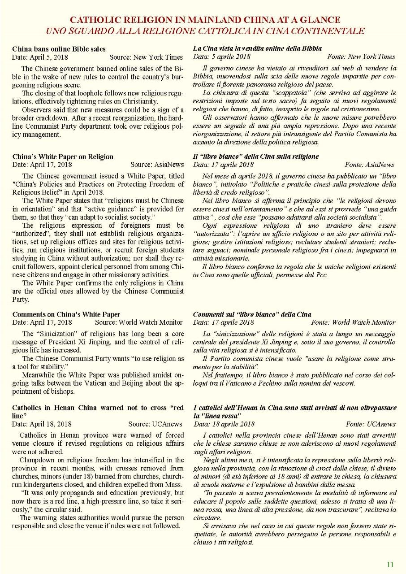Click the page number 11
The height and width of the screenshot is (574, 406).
390,565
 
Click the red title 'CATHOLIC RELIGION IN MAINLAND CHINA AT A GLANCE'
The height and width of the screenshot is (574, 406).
205,20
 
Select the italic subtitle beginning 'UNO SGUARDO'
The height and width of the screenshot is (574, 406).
205,31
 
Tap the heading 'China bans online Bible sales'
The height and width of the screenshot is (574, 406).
59,49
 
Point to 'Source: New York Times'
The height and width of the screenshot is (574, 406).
146,57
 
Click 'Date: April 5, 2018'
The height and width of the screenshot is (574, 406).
42,57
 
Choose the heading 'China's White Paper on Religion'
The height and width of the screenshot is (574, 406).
63,157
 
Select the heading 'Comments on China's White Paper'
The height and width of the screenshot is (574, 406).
66,314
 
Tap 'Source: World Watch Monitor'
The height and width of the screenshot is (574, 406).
139,322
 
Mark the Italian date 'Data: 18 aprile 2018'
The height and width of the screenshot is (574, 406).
224,424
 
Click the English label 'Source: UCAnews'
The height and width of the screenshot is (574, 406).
155,424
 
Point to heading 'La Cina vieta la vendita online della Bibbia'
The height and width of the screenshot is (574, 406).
257,48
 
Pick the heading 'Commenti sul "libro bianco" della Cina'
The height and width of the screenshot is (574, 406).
252,314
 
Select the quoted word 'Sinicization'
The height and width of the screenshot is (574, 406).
56,334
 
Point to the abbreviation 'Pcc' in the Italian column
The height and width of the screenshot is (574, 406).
322,274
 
